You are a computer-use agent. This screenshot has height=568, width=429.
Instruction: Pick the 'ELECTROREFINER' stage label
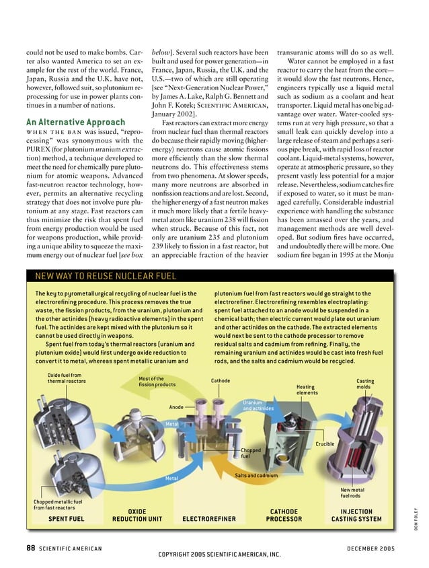coord(209,519)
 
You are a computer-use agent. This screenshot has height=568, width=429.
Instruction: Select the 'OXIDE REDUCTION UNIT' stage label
coord(137,516)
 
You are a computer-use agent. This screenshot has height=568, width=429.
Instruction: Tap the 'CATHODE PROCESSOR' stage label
coord(284,516)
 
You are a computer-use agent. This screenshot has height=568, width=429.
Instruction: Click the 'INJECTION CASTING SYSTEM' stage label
coord(356,516)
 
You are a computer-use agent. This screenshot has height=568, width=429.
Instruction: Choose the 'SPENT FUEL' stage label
coord(67,519)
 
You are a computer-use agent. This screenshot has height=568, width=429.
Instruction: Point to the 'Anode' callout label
coord(176,406)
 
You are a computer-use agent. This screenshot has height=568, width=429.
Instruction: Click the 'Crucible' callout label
coord(325,443)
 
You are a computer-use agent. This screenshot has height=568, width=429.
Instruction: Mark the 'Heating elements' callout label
coord(307,390)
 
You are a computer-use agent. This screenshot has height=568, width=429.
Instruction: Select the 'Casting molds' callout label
coord(365,384)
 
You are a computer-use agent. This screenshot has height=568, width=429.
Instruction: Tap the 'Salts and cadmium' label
coord(256,476)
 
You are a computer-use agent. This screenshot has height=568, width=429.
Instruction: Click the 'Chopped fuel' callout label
coord(251,453)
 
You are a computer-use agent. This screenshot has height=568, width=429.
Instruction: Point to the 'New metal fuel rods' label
coord(352,493)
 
